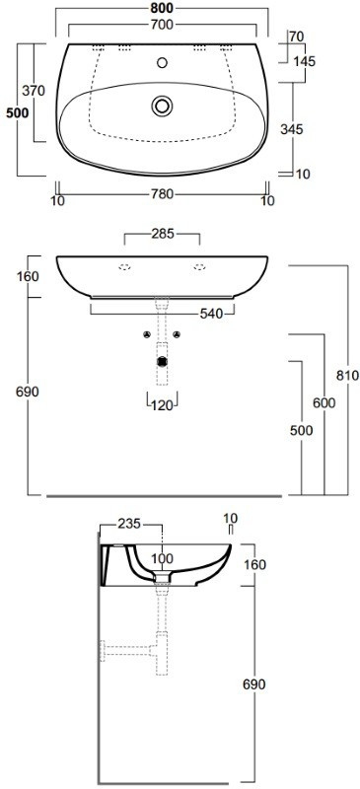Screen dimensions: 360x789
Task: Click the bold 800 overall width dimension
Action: pyautogui.click(x=162, y=8)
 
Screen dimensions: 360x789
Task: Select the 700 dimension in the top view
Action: pyautogui.click(x=162, y=24)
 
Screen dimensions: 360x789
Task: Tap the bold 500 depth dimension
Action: pyautogui.click(x=17, y=113)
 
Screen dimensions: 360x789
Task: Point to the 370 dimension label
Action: pyautogui.click(x=34, y=91)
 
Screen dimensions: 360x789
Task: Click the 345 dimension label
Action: pyautogui.click(x=292, y=129)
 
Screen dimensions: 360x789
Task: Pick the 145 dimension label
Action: pyautogui.click(x=304, y=61)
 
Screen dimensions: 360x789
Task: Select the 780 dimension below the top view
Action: pyautogui.click(x=162, y=194)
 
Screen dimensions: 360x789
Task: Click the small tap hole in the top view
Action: pyautogui.click(x=162, y=63)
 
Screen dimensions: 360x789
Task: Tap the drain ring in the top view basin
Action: pyautogui.click(x=162, y=106)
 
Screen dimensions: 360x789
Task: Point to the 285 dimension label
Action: pyautogui.click(x=162, y=234)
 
